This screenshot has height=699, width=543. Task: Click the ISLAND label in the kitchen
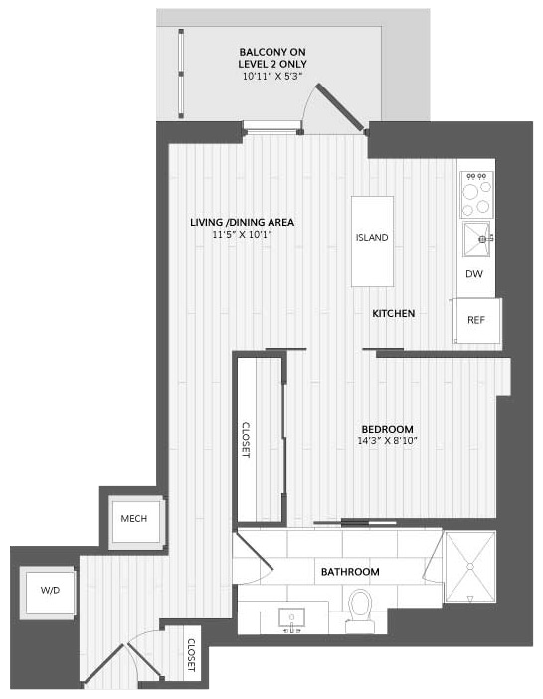[372, 238]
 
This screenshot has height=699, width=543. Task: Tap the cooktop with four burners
[476, 194]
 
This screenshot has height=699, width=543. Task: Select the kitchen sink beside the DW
[476, 239]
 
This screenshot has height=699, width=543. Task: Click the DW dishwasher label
[474, 274]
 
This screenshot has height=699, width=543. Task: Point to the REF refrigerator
[476, 320]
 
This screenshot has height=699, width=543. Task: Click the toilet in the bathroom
[360, 611]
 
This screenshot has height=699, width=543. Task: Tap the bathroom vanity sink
[291, 618]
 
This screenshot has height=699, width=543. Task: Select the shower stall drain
[469, 566]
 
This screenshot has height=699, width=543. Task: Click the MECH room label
[133, 519]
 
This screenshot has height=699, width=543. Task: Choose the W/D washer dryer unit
[50, 592]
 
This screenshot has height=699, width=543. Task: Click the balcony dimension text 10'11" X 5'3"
[272, 76]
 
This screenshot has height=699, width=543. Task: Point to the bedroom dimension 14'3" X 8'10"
[387, 441]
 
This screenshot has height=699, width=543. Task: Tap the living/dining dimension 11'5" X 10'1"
[242, 235]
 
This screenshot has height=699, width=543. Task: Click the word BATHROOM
[350, 572]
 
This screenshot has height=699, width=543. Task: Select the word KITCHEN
[394, 314]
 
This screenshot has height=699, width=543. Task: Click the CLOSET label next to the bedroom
[246, 440]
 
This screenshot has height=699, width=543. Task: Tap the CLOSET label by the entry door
[191, 655]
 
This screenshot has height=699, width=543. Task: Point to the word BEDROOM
[388, 429]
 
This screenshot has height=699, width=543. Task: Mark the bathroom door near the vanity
[253, 553]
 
